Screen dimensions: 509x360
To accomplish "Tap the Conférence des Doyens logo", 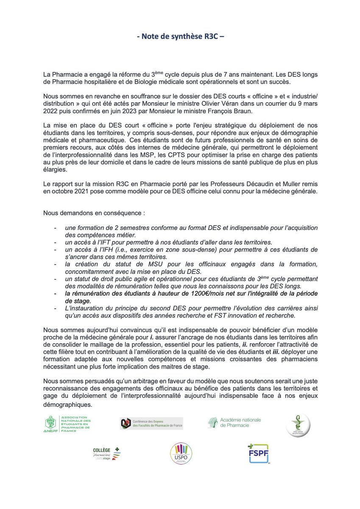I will tap(151, 423).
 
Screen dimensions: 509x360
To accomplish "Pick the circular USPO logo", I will tap(181, 455).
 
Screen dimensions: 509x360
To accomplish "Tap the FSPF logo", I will tap(258, 454).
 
